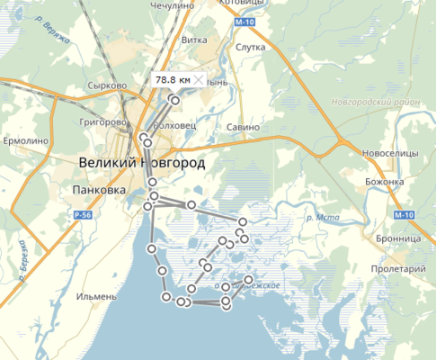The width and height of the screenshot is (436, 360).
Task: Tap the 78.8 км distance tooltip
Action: [173, 80]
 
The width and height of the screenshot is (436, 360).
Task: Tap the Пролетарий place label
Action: [396, 269]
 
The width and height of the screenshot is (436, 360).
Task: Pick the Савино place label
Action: [243, 127]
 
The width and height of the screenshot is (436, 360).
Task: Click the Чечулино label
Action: [174, 4]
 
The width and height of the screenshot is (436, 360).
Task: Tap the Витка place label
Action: [195, 40]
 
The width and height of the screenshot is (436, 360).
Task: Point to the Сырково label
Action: [106, 86]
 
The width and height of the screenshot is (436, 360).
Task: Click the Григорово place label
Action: [101, 119]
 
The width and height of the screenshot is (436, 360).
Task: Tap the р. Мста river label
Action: [316, 217]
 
